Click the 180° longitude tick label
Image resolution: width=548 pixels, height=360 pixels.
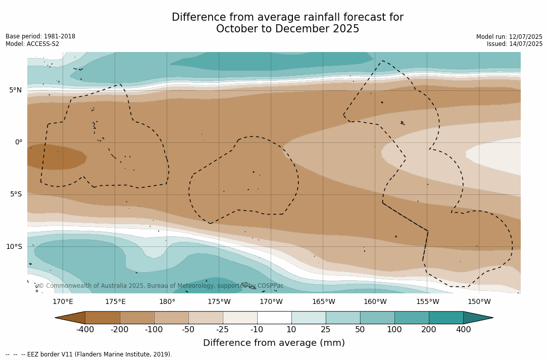coord(167,301)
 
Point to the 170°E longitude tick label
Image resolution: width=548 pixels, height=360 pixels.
coord(63,301)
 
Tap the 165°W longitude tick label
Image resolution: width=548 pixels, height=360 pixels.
coord(323,301)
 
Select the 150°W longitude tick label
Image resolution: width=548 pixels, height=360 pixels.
coord(479,301)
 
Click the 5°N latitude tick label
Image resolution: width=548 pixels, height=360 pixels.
coord(15,90)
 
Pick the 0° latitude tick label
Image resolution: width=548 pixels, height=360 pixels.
coord(19,142)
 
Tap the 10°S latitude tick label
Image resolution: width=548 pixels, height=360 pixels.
coord(14,247)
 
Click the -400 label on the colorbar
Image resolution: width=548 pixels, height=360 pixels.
coord(85,330)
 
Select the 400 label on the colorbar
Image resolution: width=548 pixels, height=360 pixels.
coord(464,330)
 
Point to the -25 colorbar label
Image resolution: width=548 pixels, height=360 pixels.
coord(222,330)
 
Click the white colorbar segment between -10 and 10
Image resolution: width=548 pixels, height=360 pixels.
coord(274,318)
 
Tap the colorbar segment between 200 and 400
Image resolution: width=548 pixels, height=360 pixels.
coord(446,318)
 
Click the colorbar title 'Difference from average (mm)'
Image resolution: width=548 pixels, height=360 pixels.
coord(274,343)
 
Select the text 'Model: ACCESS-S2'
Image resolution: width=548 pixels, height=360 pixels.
coord(32,44)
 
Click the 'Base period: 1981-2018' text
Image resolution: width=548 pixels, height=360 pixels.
coord(40,36)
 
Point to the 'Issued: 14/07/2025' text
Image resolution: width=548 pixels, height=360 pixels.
coord(515,44)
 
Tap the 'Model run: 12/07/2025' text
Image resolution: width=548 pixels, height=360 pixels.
coord(509,37)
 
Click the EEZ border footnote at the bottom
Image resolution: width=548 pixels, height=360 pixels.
coord(89,354)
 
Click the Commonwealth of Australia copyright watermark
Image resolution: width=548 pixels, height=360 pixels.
coord(161,286)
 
